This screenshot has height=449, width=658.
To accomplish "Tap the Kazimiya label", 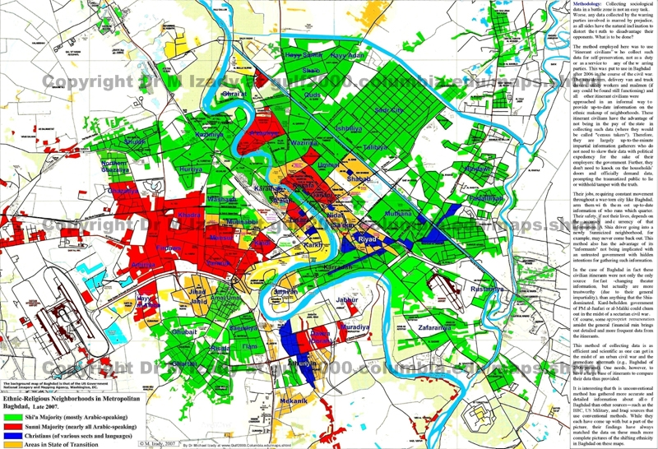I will (x=210, y=134).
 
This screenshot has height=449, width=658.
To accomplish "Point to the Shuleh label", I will (x=134, y=141).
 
